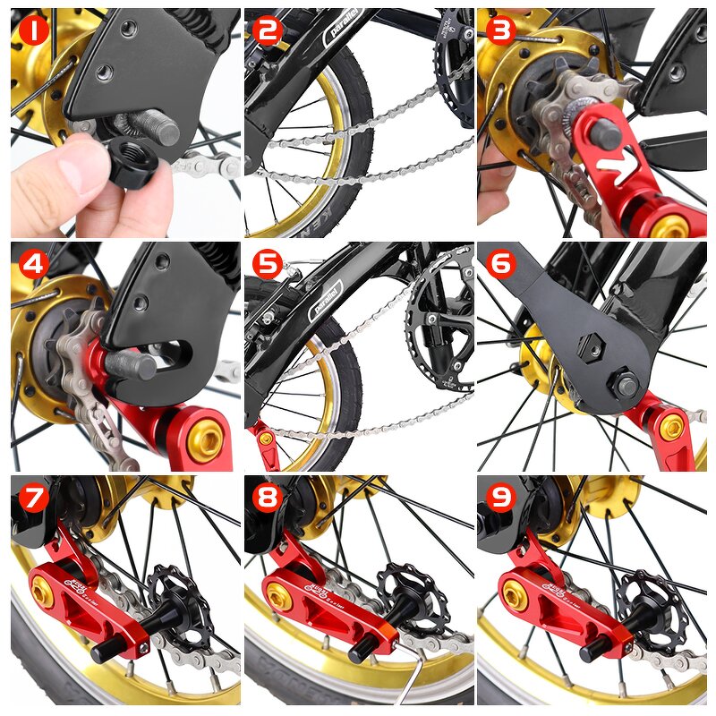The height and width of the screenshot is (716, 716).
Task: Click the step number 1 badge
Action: (x=33, y=32)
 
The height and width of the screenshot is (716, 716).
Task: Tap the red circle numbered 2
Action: (x=268, y=31)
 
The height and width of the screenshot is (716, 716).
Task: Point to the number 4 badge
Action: (x=33, y=266)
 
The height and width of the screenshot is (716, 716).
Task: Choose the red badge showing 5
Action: (x=268, y=265)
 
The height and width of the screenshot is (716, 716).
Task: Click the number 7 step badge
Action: (x=33, y=499)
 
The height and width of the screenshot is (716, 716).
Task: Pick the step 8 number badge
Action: (x=268, y=499)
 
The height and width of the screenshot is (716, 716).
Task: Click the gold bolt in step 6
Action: (x=670, y=427)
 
